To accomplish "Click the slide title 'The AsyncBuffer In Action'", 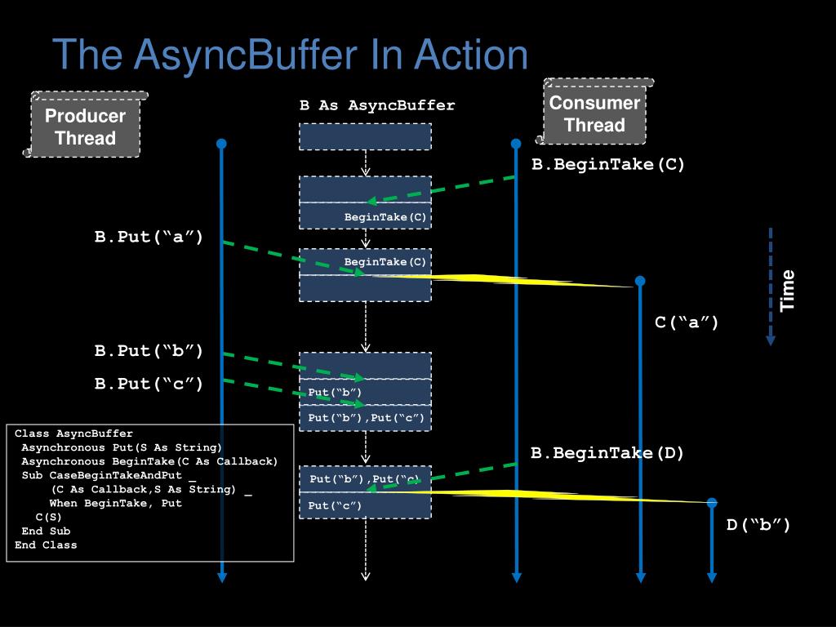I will [x=290, y=56].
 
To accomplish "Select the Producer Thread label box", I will [x=86, y=127].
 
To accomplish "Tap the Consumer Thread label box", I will [x=594, y=113].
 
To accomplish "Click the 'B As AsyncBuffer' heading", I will [x=377, y=105].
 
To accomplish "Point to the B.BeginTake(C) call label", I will [x=608, y=164].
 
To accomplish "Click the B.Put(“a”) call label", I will [x=149, y=238].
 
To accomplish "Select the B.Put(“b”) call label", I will [x=149, y=351].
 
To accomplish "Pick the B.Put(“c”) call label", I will [x=149, y=383].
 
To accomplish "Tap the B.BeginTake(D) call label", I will [x=607, y=453].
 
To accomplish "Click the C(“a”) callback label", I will [x=687, y=322].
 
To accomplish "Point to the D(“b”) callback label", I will [x=758, y=525].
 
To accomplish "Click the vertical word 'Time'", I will [x=787, y=290].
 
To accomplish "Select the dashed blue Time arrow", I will [x=770, y=286].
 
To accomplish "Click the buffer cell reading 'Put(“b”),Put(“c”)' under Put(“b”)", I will [x=365, y=418].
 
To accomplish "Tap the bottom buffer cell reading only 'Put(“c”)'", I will [x=365, y=506].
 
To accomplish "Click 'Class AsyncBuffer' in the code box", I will [x=73, y=434].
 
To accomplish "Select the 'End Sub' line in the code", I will [x=46, y=531].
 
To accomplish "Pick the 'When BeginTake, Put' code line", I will [x=115, y=503].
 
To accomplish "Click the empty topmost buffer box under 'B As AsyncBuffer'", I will [x=365, y=136].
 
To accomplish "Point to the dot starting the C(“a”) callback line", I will [x=640, y=281].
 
